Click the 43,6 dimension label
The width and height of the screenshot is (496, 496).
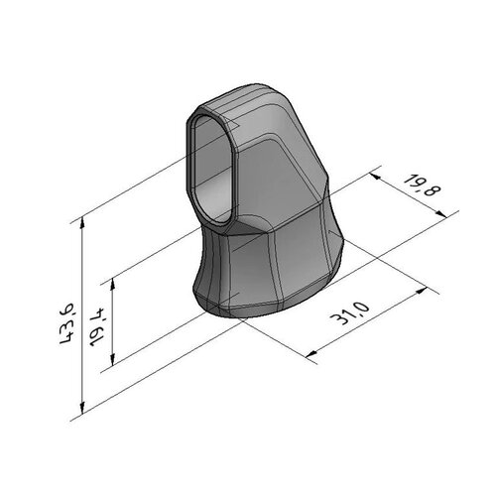pos(68,323)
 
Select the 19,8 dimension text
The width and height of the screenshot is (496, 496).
pos(421,188)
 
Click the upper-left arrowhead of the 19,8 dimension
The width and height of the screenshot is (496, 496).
pos(372,173)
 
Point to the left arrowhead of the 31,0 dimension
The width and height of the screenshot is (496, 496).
pos(310,354)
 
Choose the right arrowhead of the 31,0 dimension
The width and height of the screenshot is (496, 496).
pos(428,291)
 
